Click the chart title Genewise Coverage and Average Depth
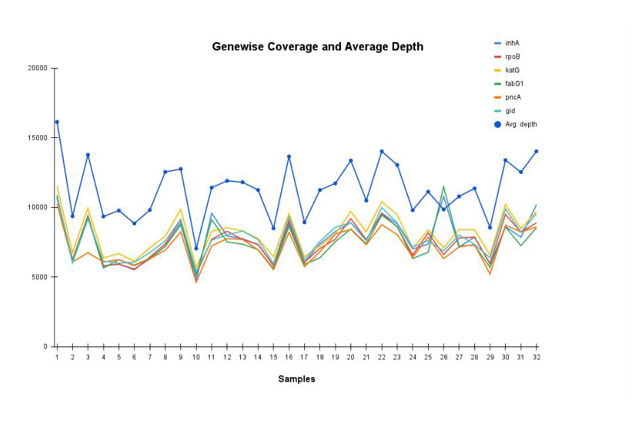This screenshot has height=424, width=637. click(317, 47)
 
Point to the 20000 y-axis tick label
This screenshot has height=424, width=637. click(37, 68)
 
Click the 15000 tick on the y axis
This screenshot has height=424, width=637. click(37, 138)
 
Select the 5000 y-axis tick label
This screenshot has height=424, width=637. click(39, 277)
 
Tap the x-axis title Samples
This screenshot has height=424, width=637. click(297, 379)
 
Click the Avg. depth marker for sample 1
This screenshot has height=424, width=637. click(57, 122)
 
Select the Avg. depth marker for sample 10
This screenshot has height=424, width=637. click(196, 249)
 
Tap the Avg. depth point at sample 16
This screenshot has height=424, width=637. click(289, 157)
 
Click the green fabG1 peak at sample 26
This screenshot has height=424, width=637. click(444, 187)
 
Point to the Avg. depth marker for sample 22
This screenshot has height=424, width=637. click(382, 152)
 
